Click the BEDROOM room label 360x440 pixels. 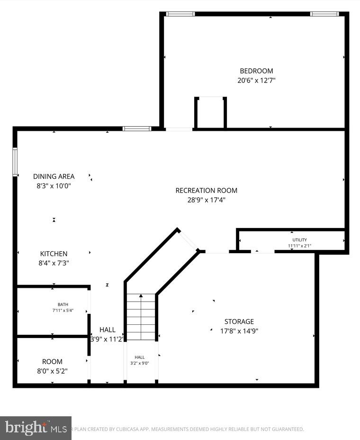tap(256, 71)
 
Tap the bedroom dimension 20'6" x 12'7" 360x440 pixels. tap(256, 81)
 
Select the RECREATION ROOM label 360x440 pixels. tap(206, 190)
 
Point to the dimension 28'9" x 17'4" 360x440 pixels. tap(206, 200)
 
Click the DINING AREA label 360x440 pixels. tap(54, 176)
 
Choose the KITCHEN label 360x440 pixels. tap(54, 254)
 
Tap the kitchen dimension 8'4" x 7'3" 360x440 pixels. tap(54, 263)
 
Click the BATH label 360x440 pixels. tap(63, 304)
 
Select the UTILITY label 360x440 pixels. tap(299, 239)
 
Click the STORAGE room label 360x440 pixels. tap(239, 321)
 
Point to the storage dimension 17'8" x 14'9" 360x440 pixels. tap(239, 331)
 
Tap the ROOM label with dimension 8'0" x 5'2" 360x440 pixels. tap(52, 361)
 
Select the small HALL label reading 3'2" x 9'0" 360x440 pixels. tap(140, 357)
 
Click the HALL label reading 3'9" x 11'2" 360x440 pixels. tap(107, 330)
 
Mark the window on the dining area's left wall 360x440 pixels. tap(15, 162)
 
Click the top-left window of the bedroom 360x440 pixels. tap(180, 14)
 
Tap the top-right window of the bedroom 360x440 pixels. tap(324, 14)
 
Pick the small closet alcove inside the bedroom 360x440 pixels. tap(210, 113)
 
